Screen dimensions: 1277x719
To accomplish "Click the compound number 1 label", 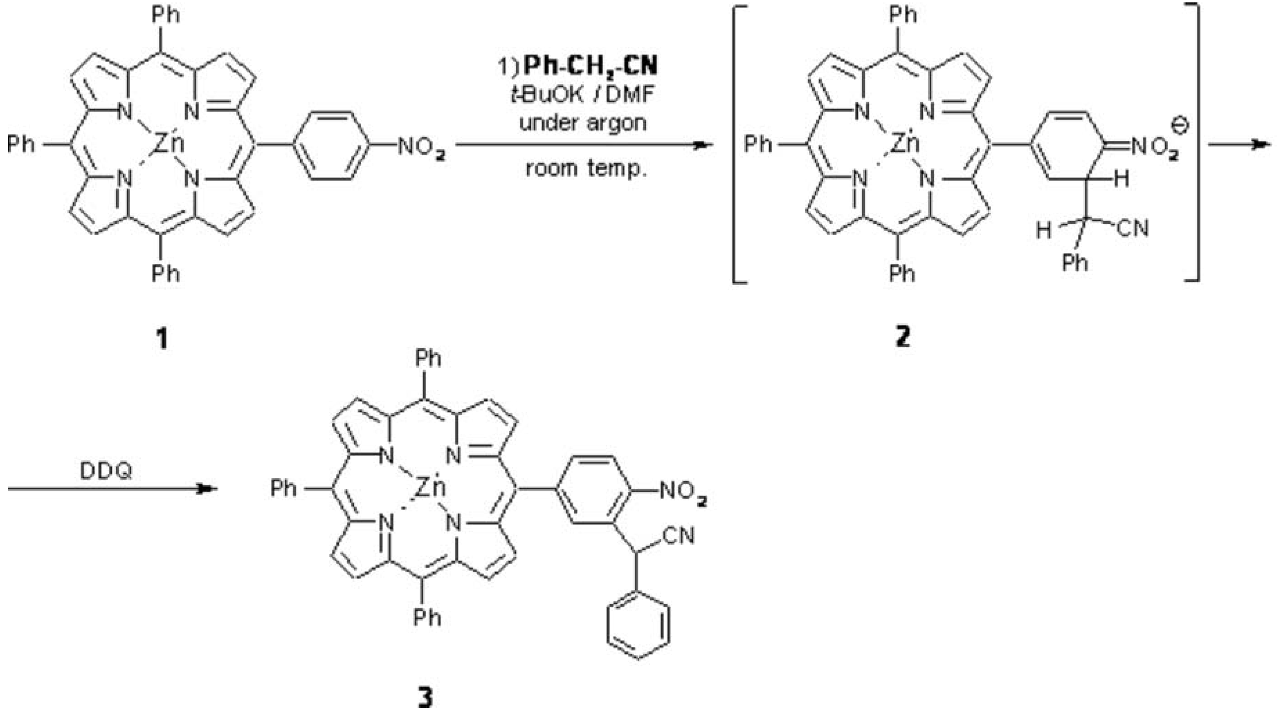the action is coord(162,339).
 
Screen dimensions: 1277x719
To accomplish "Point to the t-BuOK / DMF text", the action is coord(583,94).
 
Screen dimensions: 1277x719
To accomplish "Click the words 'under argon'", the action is coord(583,122).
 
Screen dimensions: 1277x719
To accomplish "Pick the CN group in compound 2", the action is coord(1133,228).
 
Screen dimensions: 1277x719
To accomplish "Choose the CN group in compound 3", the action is coord(679,536).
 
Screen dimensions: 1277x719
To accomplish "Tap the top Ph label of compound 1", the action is coord(166,15).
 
